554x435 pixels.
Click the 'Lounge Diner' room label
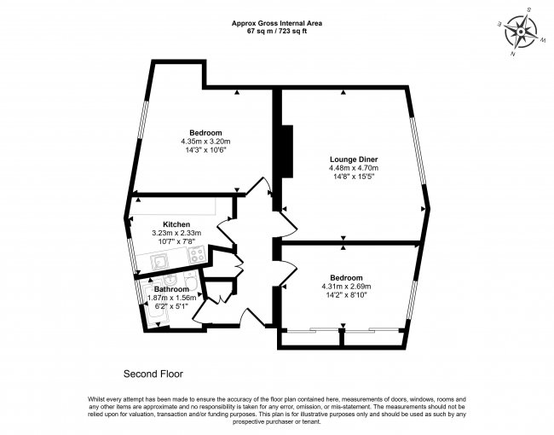354,159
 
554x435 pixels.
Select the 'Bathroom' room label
171,289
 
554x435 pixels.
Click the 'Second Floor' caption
153,374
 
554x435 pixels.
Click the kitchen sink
162,262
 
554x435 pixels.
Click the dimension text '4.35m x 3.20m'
205,141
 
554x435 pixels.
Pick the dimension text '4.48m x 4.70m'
354,169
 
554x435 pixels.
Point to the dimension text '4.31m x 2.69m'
347,287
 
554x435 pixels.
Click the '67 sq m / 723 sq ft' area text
276,32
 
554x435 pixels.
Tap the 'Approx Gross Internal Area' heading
276,23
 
